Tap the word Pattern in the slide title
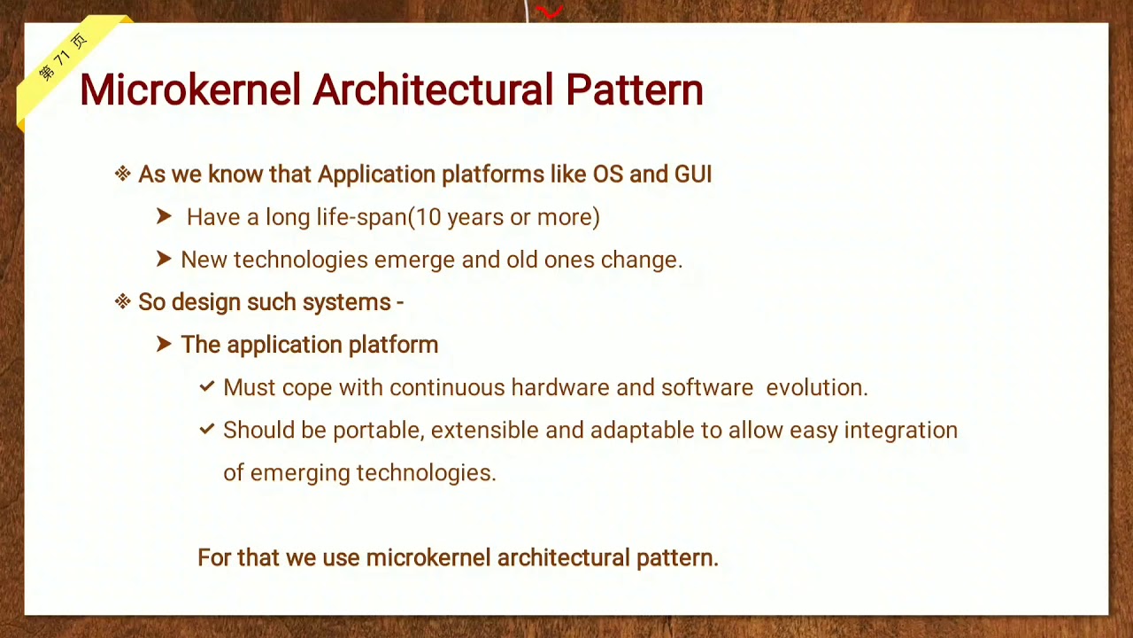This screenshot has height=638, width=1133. pyautogui.click(x=634, y=90)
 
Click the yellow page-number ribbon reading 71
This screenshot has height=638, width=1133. pyautogui.click(x=64, y=58)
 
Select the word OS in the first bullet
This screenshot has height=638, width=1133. pyautogui.click(x=608, y=174)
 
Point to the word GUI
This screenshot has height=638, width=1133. pyautogui.click(x=693, y=174)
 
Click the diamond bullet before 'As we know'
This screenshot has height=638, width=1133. pyautogui.click(x=123, y=174)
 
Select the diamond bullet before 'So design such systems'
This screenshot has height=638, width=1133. pyautogui.click(x=123, y=302)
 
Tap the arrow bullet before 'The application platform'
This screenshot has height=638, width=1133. pyautogui.click(x=164, y=344)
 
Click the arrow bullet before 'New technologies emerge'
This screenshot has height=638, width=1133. pyautogui.click(x=164, y=259)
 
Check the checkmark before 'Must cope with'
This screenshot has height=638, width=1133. pyautogui.click(x=207, y=386)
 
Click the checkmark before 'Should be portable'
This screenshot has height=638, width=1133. pyautogui.click(x=207, y=429)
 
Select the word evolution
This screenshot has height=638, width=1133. pyautogui.click(x=816, y=387)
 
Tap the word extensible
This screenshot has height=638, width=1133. pyautogui.click(x=484, y=430)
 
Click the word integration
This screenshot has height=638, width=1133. pyautogui.click(x=900, y=431)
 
